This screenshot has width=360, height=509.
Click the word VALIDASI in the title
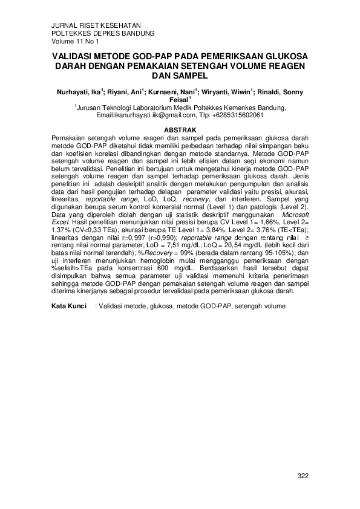[x=74, y=55]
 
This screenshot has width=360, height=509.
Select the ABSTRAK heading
[x=180, y=130]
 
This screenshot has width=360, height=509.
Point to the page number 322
[x=303, y=476]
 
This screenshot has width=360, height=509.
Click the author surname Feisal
[x=179, y=100]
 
